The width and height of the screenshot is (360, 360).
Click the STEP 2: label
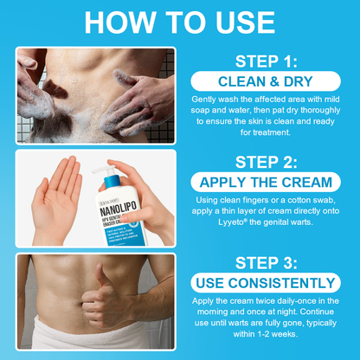(265, 162)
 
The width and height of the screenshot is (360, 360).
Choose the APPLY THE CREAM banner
(265, 183)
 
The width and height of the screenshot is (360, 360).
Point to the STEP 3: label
(265, 260)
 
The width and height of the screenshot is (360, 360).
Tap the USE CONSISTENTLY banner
(265, 281)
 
